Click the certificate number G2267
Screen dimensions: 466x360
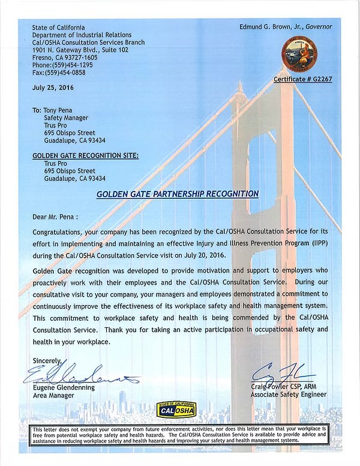pyautogui.click(x=303, y=79)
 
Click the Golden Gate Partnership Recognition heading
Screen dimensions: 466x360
pyautogui.click(x=178, y=194)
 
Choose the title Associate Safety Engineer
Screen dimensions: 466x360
pyautogui.click(x=289, y=395)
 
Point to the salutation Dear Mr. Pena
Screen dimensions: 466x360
pyautogui.click(x=56, y=216)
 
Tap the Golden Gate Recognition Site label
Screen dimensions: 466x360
pyautogui.click(x=85, y=156)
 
